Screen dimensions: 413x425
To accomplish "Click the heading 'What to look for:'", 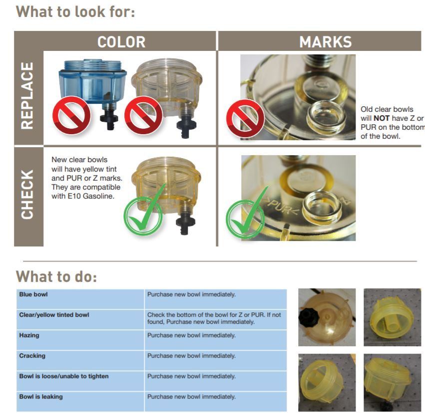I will (x=75, y=11).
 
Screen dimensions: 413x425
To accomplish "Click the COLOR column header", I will (x=121, y=42).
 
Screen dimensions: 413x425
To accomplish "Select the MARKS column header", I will (x=325, y=42).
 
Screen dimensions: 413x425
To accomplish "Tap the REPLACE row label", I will (x=28, y=96).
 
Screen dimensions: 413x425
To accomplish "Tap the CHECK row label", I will (x=28, y=195).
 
